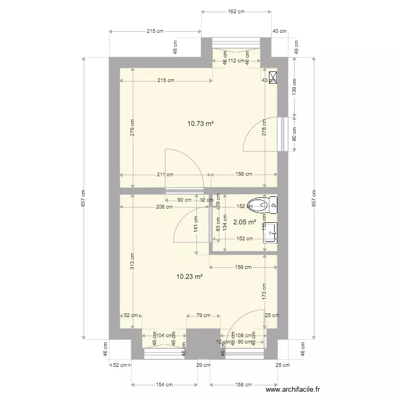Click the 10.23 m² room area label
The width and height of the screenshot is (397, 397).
click(x=190, y=276)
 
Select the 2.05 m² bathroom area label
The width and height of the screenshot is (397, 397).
click(x=245, y=223)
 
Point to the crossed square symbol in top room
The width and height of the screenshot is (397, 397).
click(x=273, y=78)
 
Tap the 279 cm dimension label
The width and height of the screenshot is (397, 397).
click(x=132, y=127)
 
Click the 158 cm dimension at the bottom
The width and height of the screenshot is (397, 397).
click(x=243, y=385)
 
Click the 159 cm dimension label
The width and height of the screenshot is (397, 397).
click(x=243, y=267)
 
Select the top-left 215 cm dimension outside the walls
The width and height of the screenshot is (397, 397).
click(x=155, y=32)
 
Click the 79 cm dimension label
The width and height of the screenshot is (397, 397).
click(x=203, y=315)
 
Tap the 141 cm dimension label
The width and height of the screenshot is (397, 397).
click(x=196, y=228)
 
